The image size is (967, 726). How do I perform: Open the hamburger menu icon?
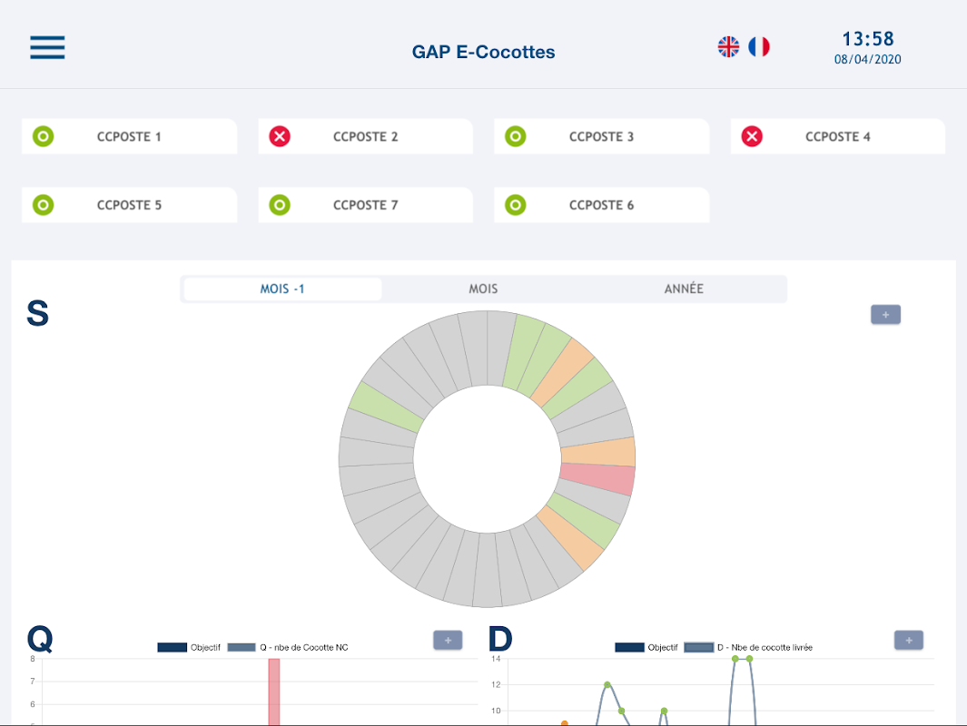tap(47, 47)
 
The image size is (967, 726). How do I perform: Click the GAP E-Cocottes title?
tap(483, 52)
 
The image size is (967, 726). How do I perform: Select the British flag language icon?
tap(728, 46)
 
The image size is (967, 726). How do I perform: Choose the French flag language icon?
tap(759, 46)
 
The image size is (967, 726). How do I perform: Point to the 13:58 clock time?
tap(867, 39)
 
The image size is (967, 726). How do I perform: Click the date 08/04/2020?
tap(867, 60)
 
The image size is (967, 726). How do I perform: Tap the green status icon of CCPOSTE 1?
tap(43, 137)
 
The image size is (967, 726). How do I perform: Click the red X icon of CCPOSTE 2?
tap(280, 137)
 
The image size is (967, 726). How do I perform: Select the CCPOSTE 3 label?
tap(601, 137)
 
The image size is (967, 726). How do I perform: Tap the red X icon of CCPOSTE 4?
tap(752, 137)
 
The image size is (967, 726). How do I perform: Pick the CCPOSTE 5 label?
tap(129, 205)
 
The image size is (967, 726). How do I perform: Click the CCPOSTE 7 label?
tap(365, 205)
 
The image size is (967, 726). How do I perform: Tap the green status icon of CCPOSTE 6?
tap(516, 205)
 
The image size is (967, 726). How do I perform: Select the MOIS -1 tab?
tap(282, 289)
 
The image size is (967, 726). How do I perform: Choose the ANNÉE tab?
tap(684, 289)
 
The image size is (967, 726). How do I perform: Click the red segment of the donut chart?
tap(597, 478)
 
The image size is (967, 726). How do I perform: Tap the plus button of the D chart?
tap(908, 640)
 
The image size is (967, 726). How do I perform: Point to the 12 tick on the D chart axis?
tap(496, 684)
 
